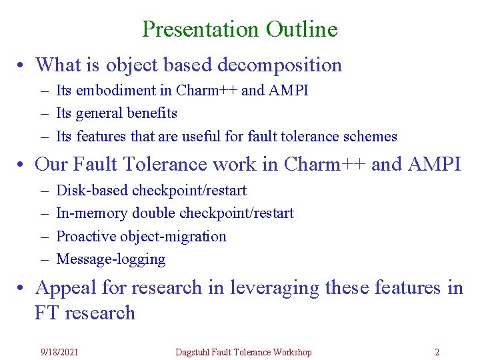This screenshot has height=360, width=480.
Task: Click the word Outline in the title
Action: [x=301, y=29]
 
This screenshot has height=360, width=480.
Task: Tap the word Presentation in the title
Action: [x=201, y=29]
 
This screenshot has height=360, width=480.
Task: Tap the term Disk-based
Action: [x=92, y=190]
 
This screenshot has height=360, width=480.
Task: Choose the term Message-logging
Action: [x=111, y=259]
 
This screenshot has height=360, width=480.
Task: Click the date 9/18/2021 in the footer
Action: [x=59, y=351]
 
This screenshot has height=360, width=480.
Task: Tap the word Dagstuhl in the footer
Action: [x=194, y=351]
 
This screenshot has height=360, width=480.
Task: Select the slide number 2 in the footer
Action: [x=437, y=351]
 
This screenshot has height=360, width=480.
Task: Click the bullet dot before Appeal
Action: [x=22, y=288]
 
